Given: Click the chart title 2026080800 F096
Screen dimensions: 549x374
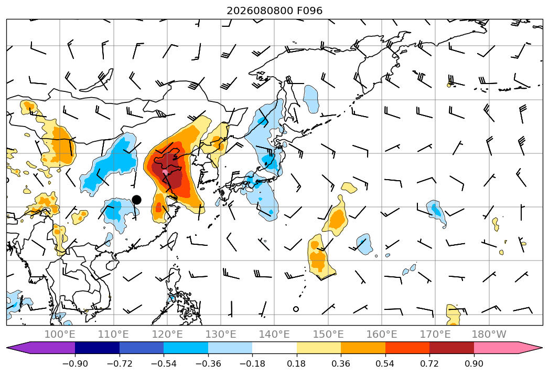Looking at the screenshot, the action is pos(275,11).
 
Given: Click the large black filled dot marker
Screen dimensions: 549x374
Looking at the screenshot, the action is pos(136,200).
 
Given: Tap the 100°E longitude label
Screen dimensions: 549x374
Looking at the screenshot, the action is pos(60,334).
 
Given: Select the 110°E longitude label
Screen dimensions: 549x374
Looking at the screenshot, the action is pos(113,334).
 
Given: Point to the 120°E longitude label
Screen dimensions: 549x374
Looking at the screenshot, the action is pos(167,334).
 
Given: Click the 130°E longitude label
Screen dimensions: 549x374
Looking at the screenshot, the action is pos(221,334).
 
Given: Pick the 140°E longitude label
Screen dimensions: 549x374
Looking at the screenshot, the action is pos(274,334).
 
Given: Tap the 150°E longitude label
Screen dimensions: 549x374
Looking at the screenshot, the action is pos(328,334).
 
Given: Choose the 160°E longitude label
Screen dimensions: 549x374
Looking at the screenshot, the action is pos(382,334).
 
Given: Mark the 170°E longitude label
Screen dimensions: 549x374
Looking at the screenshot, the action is pos(435,334).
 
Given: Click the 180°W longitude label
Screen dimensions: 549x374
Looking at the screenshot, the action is pos(489,334).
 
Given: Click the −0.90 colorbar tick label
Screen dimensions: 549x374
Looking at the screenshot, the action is pos(75,363).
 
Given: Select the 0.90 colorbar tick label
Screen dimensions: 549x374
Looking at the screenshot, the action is pos(474,363).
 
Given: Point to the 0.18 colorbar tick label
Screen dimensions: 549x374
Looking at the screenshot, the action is pos(297,363).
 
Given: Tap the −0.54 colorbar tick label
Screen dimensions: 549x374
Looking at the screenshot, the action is pos(164,363).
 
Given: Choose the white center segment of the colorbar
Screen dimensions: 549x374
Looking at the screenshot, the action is pos(275,348).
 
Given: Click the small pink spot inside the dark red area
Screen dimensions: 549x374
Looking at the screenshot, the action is pos(165,172).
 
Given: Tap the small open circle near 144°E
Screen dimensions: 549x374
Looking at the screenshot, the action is pos(296,309).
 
